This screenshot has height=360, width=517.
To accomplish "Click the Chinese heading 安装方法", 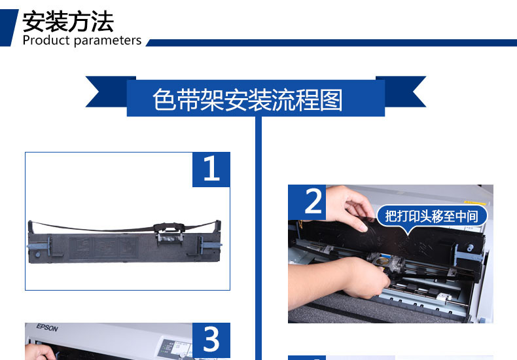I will tap(68, 22).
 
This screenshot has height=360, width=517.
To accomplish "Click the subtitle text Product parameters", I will tap(82, 41).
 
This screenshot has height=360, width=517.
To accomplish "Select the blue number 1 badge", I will tap(211, 170).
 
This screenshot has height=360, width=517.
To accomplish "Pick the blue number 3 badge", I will tap(211, 340).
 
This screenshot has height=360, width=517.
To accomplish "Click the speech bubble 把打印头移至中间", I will tap(431, 215).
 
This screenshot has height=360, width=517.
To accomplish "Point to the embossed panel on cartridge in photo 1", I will tap(108, 249).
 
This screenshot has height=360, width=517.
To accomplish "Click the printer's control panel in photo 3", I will tap(177, 347).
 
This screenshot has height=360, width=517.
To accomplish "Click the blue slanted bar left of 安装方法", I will tap(9, 27).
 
